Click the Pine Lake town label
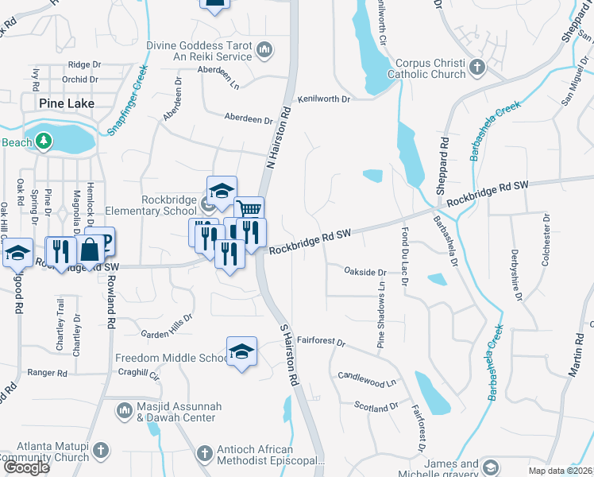[67, 103]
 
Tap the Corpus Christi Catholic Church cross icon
[477, 66]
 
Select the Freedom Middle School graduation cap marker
[242, 351]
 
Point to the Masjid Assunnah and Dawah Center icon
[123, 410]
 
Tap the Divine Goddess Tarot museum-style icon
[264, 52]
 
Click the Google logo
[26, 467]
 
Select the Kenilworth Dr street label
[324, 99]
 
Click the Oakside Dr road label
[364, 272]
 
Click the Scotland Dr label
[376, 405]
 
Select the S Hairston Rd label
[288, 355]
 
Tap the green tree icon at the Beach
[44, 142]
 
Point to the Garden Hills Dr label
[167, 324]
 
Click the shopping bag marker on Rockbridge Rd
[91, 249]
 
